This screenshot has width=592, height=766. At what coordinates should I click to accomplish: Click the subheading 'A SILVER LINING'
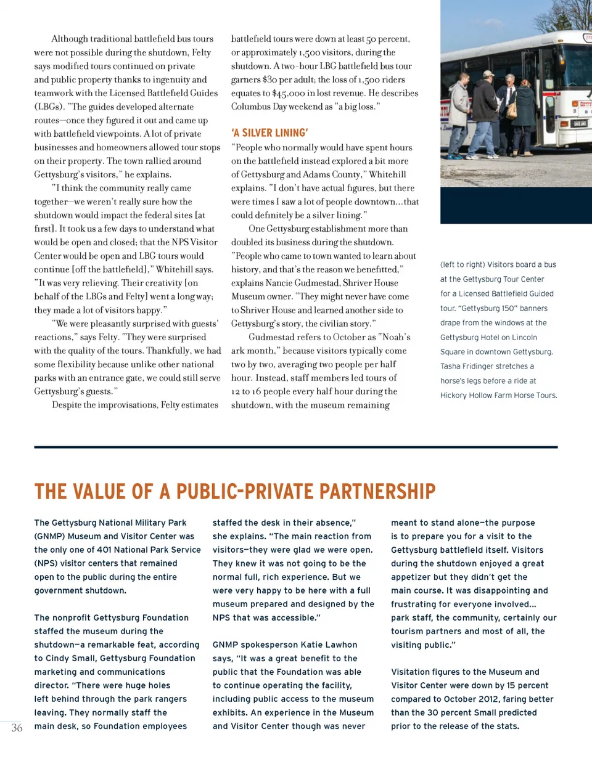pyautogui.click(x=269, y=133)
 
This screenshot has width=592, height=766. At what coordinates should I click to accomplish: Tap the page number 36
pyautogui.click(x=17, y=728)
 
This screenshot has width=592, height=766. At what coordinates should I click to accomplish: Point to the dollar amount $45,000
pyautogui.click(x=289, y=94)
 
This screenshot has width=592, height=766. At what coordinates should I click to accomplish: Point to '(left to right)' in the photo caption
pyautogui.click(x=462, y=264)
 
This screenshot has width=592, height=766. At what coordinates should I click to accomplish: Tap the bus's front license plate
pyautogui.click(x=578, y=124)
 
